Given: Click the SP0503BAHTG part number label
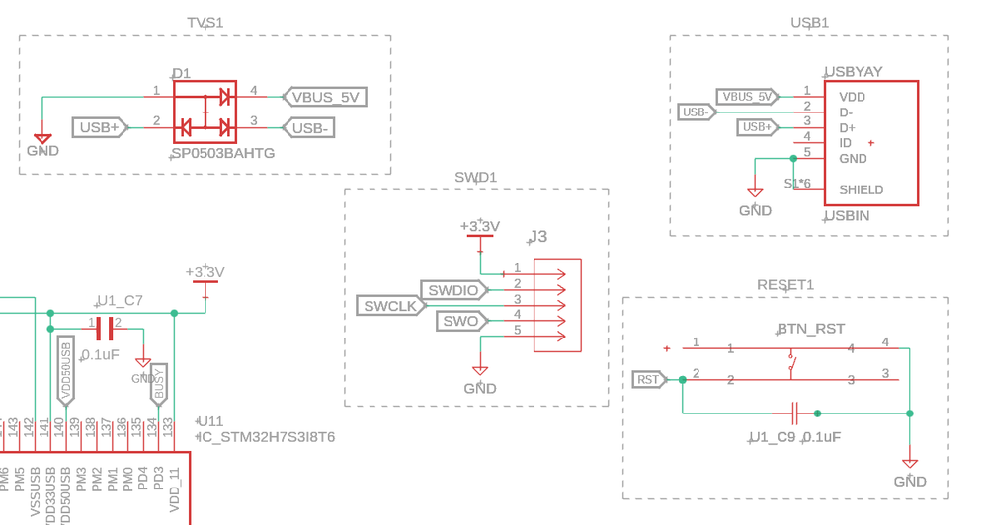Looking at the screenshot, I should pos(223,154).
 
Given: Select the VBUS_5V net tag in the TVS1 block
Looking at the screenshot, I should pos(325,97).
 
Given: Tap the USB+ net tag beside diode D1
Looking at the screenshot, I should pos(100,127).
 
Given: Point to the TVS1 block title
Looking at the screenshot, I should pos(205,22).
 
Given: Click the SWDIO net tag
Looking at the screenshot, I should pos(452,290).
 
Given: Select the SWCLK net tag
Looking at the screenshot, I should pos(390,306).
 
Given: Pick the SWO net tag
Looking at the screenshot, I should pos(459,321).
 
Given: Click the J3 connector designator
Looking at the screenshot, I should pos(538,237).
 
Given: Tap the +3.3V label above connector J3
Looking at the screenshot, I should pos(480,226).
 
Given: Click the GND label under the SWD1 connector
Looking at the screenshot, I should pos(480,388).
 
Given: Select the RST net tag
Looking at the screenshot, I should pos(648,380).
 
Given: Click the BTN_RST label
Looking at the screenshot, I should pos(811,329).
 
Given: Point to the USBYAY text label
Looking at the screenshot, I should pos(854,72).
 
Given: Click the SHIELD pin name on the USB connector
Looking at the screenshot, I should pos(862,189).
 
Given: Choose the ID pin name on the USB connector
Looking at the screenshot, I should pos(846,143).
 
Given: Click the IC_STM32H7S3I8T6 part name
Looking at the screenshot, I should pos(267,436).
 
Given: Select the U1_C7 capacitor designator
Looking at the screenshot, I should pos(120,300).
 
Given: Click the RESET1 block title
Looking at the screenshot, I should pos(785,284).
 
